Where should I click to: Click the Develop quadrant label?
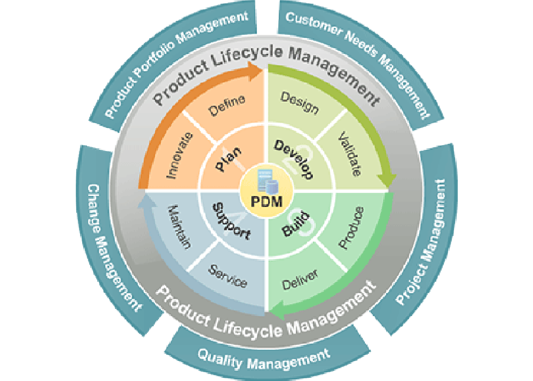[x=294, y=159]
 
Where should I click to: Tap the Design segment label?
[x=299, y=103]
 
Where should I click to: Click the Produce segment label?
[x=352, y=227]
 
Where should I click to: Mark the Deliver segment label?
[x=300, y=277]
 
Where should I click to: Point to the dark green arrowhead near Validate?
[x=388, y=179]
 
